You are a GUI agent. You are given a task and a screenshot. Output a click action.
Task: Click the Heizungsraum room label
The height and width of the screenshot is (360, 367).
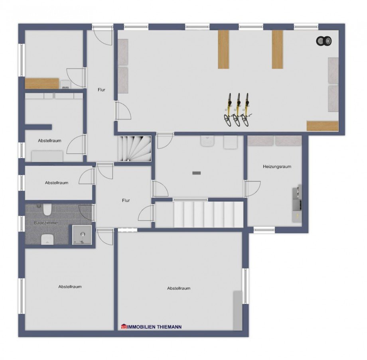pyautogui.click(x=276, y=167)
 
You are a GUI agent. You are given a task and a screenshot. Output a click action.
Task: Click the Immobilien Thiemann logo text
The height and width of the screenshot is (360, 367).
pyautogui.click(x=152, y=327)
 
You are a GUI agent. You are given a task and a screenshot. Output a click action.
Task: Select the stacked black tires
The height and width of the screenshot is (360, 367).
pyautogui.click(x=324, y=41)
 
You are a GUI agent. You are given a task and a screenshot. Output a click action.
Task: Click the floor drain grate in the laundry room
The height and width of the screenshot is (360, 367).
pyautogui.click(x=197, y=173)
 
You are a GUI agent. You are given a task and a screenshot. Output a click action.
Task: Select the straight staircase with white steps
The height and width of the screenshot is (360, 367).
pyautogui.click(x=199, y=214)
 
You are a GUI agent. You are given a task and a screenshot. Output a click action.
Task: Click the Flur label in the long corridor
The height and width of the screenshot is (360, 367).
pyautogui.click(x=101, y=90)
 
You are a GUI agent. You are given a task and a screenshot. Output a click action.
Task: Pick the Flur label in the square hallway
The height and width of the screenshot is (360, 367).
pyautogui.click(x=126, y=201)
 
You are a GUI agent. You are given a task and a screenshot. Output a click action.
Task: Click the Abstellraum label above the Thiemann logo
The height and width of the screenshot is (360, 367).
pyautogui.click(x=178, y=288)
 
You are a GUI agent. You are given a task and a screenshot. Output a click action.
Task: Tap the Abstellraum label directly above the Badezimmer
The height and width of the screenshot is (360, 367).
pyautogui.click(x=56, y=183)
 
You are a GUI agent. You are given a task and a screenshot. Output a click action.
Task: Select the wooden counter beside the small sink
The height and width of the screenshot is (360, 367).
pyautogui.click(x=42, y=83)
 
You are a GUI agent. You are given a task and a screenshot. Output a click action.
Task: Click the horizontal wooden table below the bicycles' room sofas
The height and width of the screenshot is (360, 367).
pyautogui.click(x=322, y=126)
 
